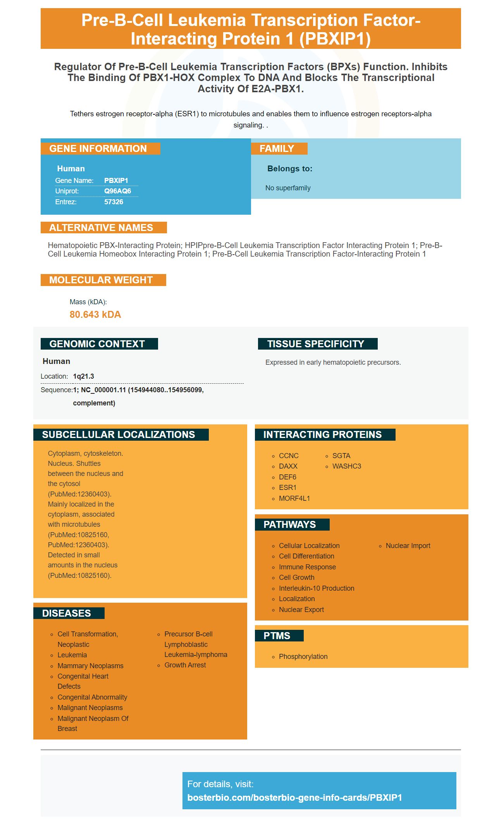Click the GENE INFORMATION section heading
tap(98, 149)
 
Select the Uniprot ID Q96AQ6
tap(117, 191)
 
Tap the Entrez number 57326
tap(114, 202)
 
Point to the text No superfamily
tap(288, 188)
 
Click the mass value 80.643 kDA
tap(95, 315)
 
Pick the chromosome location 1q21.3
tap(84, 376)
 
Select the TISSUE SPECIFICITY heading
tap(316, 344)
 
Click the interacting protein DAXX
tap(288, 466)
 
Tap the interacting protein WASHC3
tap(347, 466)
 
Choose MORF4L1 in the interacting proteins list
tap(294, 498)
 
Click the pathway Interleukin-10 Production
tap(317, 588)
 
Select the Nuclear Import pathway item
tap(408, 546)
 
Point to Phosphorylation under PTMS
tap(303, 657)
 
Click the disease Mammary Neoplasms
tap(90, 666)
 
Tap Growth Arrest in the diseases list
tap(185, 665)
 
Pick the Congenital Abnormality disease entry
tap(92, 697)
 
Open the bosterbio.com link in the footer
tap(294, 798)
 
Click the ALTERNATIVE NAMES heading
tap(101, 228)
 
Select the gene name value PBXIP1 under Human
tap(116, 181)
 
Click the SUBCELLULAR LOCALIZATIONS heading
tap(119, 435)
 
